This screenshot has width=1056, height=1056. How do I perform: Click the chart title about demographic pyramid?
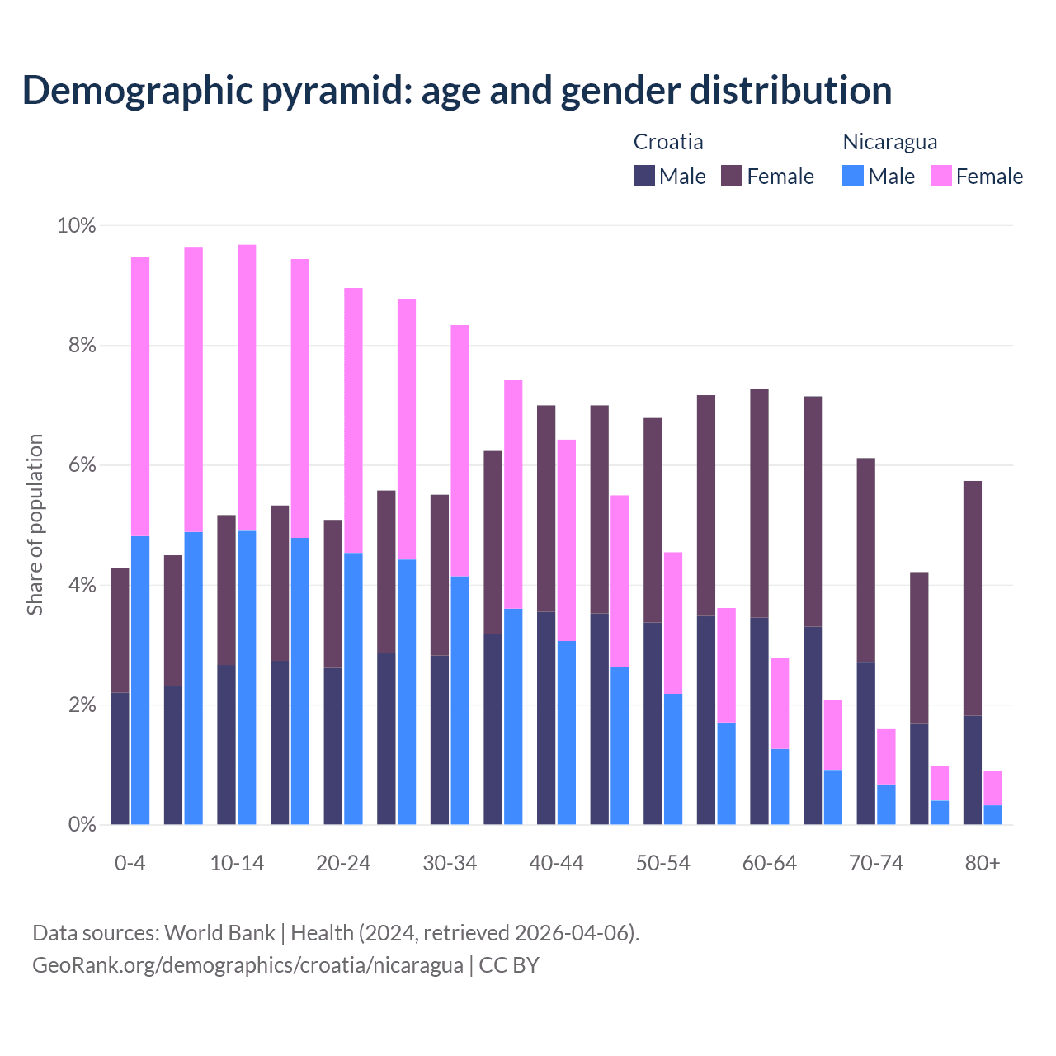(457, 90)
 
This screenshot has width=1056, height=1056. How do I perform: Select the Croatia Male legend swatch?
(644, 176)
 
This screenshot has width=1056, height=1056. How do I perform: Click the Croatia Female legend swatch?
(732, 176)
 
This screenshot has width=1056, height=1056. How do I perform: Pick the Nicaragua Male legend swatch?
(853, 176)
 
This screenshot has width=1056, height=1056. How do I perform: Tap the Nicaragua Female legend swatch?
(941, 176)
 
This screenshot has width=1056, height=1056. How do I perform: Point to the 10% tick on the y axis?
(77, 225)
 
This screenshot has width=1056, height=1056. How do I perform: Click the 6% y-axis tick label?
(82, 465)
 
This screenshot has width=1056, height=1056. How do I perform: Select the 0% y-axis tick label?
(82, 824)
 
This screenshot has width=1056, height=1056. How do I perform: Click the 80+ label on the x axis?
(983, 863)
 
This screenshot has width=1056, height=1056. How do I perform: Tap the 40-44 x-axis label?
(556, 863)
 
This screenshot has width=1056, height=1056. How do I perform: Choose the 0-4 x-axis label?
(130, 863)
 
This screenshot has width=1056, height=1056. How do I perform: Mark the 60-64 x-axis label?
(770, 863)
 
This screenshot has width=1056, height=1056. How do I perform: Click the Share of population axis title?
(35, 525)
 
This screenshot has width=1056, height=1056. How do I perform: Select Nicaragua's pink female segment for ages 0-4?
(140, 396)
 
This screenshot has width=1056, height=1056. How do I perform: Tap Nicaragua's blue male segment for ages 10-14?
(247, 676)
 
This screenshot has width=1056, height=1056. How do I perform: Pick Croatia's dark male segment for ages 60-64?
(760, 720)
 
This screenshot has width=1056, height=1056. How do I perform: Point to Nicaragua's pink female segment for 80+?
(993, 788)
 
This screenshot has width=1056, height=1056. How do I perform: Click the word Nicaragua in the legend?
(889, 142)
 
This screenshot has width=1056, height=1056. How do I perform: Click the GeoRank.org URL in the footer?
(247, 964)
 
